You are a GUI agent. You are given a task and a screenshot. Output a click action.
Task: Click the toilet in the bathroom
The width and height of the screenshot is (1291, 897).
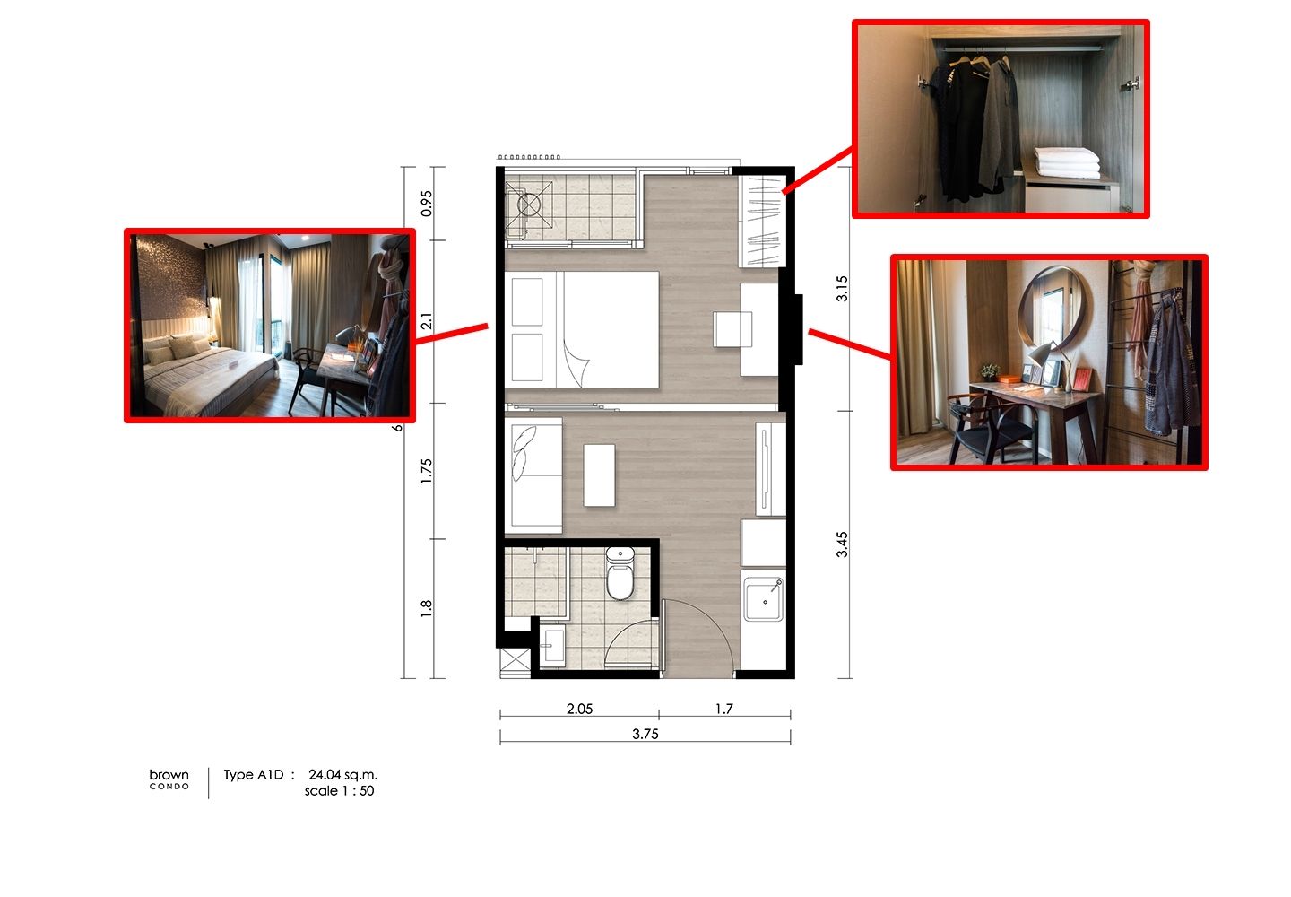click(620, 573)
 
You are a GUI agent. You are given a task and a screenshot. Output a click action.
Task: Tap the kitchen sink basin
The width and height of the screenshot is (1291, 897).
click(764, 599)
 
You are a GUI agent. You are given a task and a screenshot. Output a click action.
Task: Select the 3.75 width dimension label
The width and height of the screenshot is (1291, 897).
click(645, 734)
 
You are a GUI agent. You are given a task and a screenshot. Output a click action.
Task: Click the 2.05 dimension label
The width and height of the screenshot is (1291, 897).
click(579, 709)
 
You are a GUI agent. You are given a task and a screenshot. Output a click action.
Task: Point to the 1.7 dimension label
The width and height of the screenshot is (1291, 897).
click(724, 709)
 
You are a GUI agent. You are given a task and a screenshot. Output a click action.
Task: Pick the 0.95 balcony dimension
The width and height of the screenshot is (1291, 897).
click(427, 204)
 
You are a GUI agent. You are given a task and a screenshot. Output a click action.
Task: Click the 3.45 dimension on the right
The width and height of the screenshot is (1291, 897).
click(842, 544)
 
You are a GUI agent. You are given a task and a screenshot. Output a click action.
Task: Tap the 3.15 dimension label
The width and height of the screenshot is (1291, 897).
click(842, 289)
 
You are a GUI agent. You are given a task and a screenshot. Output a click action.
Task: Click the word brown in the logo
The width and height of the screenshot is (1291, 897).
click(169, 774)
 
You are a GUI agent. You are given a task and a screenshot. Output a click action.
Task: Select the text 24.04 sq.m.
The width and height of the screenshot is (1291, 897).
click(342, 775)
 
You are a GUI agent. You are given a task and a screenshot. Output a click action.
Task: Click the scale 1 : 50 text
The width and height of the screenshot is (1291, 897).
click(340, 791)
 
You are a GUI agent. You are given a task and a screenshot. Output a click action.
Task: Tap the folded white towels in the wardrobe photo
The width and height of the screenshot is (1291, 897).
click(1067, 162)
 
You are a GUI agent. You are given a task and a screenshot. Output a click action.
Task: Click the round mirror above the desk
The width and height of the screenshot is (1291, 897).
click(1054, 309)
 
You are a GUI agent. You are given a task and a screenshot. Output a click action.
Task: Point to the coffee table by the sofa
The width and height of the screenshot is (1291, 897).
click(600, 475)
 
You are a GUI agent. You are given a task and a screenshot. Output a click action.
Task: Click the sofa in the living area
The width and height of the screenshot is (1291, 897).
click(533, 475)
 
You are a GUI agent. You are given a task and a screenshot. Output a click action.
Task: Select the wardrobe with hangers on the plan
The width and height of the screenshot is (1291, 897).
click(762, 222)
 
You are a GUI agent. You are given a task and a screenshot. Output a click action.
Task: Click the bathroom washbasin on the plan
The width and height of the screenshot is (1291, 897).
click(553, 646)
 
